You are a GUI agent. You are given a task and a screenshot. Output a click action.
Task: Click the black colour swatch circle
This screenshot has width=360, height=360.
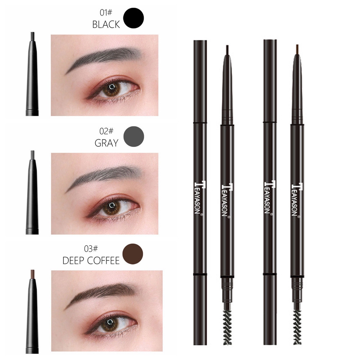134,18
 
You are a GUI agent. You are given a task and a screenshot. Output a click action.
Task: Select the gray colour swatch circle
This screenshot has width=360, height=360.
134,136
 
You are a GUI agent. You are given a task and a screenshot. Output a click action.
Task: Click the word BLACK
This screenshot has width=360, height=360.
105,25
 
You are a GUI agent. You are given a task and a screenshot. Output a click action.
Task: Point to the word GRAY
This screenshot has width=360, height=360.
107,143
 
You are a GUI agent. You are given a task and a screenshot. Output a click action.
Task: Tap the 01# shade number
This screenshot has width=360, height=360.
105,13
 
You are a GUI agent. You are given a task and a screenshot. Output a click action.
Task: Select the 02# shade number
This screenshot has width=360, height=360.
105,131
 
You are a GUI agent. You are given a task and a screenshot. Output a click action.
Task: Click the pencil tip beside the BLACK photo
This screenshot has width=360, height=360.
32,36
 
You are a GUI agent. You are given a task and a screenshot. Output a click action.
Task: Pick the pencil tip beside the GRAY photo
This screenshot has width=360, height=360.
32,154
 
